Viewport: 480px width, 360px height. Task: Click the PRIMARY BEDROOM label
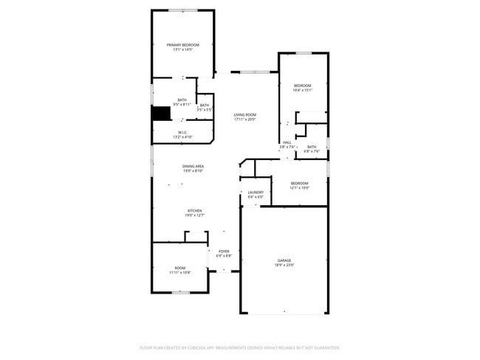pos(182,45)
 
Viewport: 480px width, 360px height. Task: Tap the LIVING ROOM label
pos(244,114)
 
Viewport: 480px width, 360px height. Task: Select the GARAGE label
pos(284,260)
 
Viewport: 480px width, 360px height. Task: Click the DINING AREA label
pos(193,166)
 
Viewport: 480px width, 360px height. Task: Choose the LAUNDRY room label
pos(256,193)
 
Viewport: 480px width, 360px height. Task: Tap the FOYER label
pos(224,252)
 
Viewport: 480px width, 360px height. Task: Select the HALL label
pos(287,142)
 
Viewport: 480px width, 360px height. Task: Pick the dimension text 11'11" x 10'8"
pos(180,272)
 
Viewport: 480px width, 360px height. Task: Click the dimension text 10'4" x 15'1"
pos(303,90)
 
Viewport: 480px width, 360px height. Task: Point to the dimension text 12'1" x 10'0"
pos(299,187)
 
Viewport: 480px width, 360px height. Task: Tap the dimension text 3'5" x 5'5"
pos(205,110)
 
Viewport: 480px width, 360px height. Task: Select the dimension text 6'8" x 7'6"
pos(312,151)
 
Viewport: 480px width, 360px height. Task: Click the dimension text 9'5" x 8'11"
pos(182,104)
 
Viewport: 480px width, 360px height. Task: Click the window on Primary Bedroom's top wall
pos(182,10)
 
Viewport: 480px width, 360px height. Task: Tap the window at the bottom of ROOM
pos(181,293)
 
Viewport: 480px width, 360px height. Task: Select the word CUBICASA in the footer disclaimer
pos(206,347)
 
